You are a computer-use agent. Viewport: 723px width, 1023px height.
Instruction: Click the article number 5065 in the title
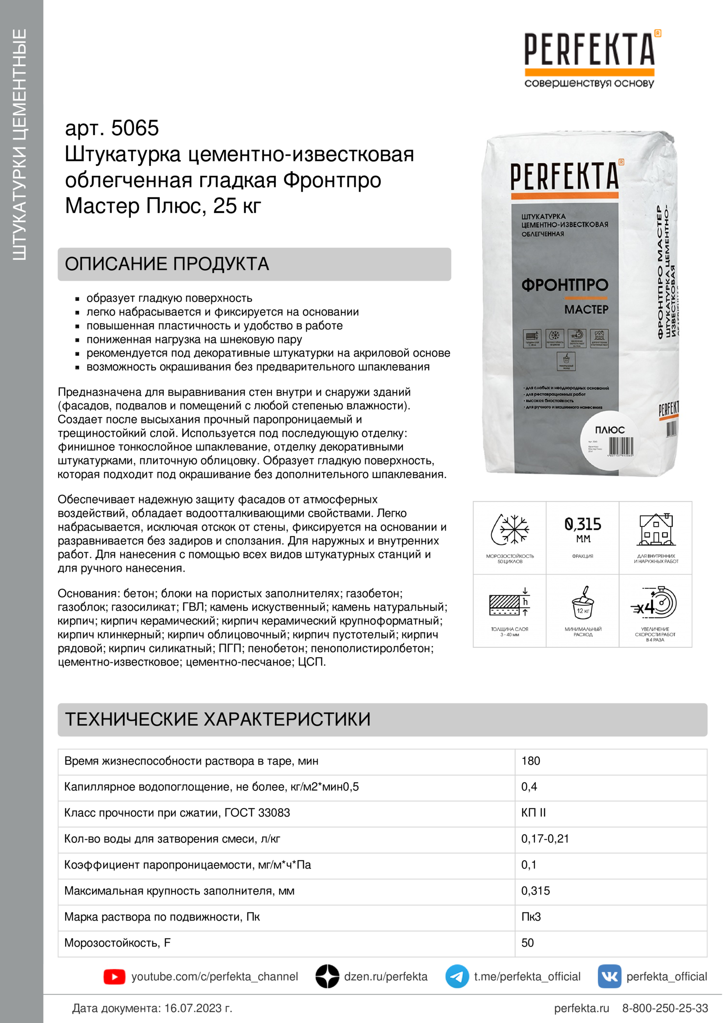pyautogui.click(x=135, y=128)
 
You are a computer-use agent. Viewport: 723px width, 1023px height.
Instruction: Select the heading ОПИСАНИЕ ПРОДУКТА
pyautogui.click(x=167, y=264)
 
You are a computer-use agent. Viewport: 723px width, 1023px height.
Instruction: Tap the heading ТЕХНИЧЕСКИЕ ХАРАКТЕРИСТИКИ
pyautogui.click(x=217, y=719)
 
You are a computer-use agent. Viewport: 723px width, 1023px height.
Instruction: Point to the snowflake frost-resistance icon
pyautogui.click(x=510, y=530)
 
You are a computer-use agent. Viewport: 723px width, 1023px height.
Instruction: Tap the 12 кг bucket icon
pyautogui.click(x=583, y=603)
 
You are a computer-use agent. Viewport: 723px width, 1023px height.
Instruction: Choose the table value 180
pyautogui.click(x=531, y=761)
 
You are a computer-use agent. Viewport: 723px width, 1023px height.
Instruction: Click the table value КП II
pyautogui.click(x=533, y=813)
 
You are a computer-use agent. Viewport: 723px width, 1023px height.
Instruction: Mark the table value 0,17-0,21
pyautogui.click(x=545, y=838)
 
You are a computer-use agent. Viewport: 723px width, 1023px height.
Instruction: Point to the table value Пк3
pyautogui.click(x=531, y=917)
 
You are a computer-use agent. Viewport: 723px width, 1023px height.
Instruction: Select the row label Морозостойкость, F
pyautogui.click(x=117, y=943)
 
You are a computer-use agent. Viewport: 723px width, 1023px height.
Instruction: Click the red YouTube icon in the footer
pyautogui.click(x=115, y=977)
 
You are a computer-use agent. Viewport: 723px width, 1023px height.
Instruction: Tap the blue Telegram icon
pyautogui.click(x=457, y=977)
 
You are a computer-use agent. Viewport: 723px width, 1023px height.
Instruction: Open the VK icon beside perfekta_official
pyautogui.click(x=609, y=977)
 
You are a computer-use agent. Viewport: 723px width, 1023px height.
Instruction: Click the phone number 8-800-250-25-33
pyautogui.click(x=665, y=1008)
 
